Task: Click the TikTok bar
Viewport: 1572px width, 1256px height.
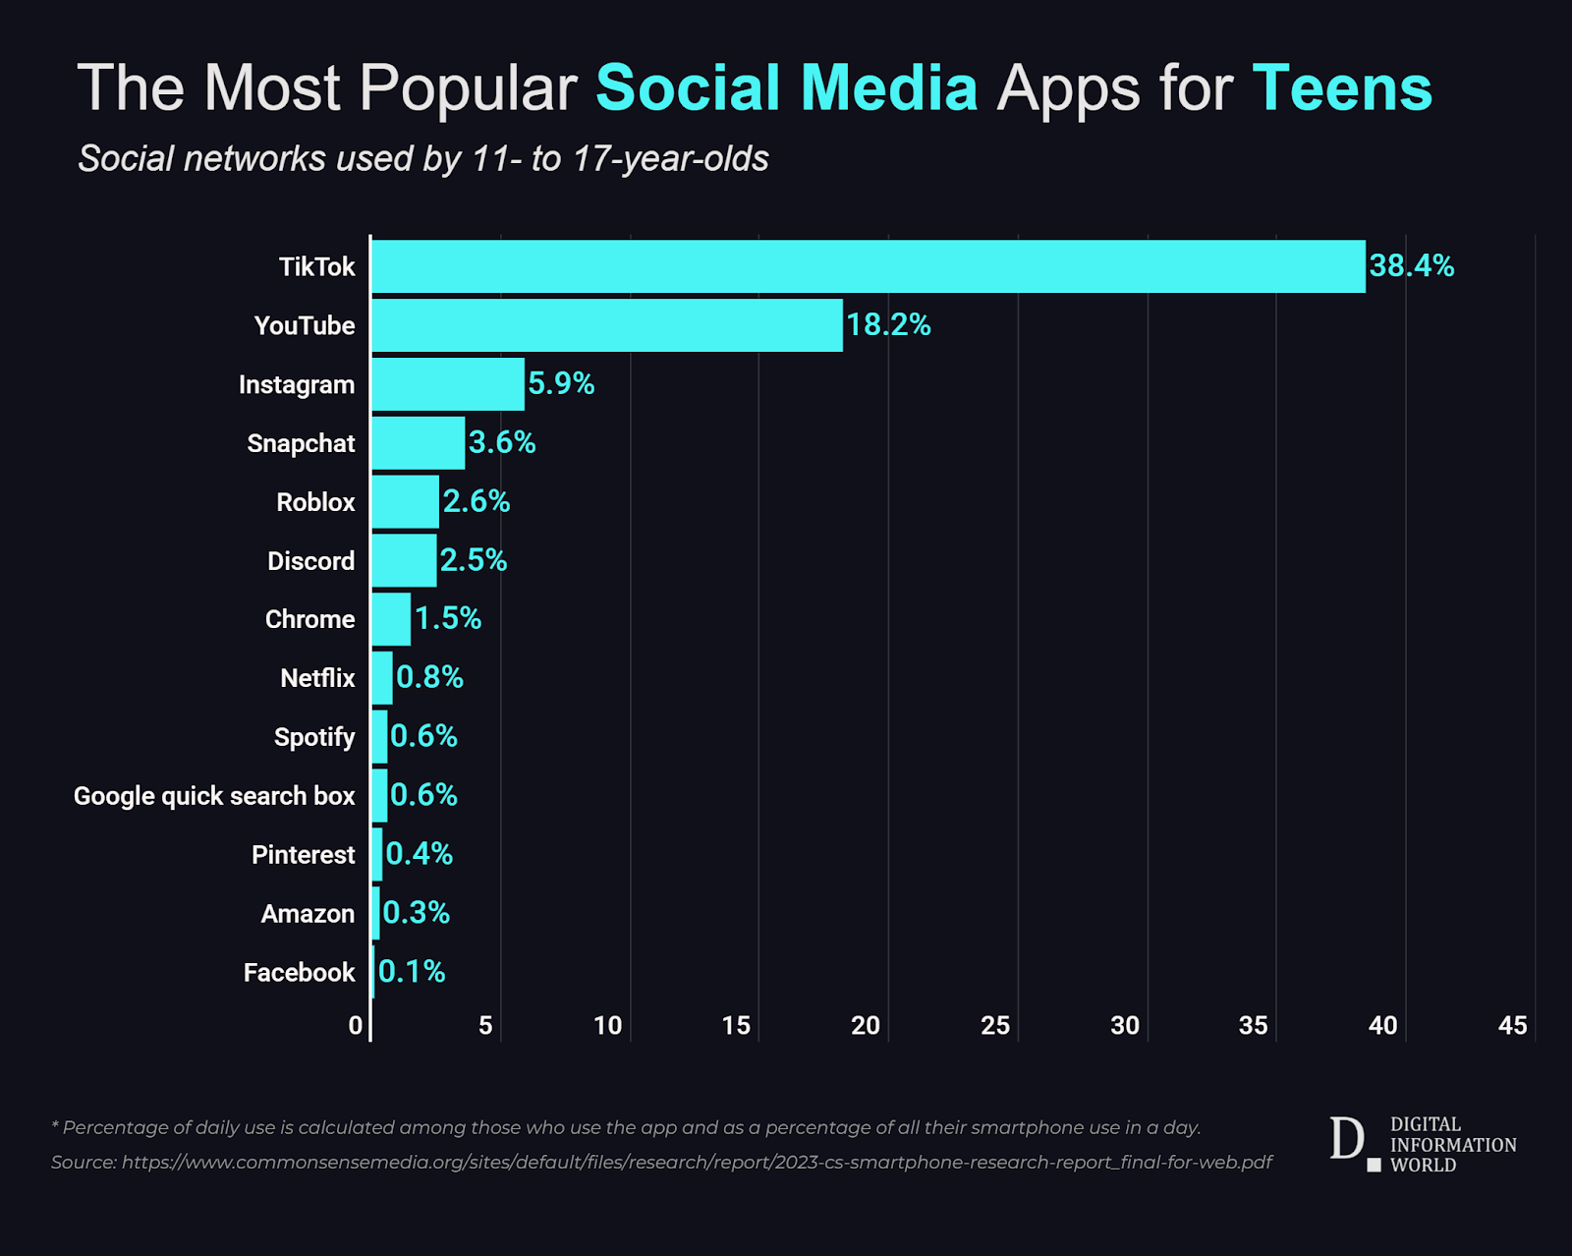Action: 869,266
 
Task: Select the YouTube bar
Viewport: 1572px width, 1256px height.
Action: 607,325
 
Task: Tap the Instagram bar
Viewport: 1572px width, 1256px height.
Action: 448,384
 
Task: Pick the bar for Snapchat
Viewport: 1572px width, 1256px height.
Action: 418,443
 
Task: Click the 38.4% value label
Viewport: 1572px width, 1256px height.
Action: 1411,266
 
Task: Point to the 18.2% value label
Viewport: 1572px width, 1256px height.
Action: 888,324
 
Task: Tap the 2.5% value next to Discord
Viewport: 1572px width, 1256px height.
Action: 474,560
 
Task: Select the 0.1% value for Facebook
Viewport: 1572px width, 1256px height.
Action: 412,972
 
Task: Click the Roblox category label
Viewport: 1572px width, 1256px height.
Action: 315,502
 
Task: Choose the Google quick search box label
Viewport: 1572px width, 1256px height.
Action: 215,796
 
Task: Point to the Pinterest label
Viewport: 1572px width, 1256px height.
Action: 304,855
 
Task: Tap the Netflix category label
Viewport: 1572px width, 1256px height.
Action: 317,679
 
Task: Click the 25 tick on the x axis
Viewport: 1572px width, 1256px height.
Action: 995,1026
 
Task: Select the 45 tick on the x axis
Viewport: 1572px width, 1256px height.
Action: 1512,1026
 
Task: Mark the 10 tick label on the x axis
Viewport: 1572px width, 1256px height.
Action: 608,1026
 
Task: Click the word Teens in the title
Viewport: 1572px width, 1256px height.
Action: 1343,87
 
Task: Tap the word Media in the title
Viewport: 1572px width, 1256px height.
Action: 889,87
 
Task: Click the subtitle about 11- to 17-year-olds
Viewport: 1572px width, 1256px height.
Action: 423,158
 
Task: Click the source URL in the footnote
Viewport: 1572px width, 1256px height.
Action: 697,1163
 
